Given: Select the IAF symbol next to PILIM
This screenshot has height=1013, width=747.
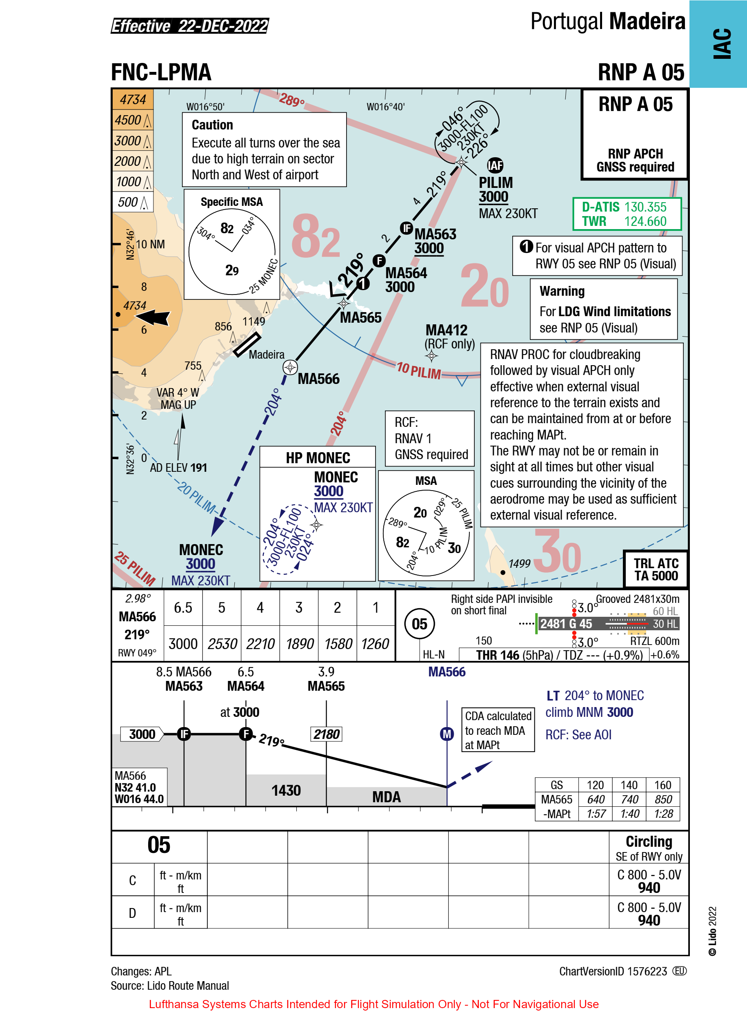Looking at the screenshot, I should pos(495,165).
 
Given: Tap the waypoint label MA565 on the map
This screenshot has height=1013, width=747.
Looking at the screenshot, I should pos(360,318).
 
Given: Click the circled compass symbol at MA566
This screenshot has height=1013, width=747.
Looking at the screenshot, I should pos(290,367).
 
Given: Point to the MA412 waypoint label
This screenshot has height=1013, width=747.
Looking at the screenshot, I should pos(446,330).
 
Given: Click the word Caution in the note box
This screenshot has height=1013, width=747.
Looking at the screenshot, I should pos(212,125).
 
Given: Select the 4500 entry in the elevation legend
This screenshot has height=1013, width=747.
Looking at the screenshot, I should pos(129,120).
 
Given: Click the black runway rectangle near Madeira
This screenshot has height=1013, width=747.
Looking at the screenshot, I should pos(247,344).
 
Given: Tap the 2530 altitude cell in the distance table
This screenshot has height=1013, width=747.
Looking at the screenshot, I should pos(222,643).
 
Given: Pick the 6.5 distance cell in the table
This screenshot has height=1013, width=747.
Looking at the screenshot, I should pos(183,608).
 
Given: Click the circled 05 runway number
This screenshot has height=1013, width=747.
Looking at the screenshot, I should pos(419,624).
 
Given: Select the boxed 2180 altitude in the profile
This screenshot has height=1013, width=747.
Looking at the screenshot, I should pos(326,734).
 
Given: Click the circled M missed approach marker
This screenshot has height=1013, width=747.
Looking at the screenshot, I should pos(447,734).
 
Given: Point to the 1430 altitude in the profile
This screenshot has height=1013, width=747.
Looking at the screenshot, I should pos(286,790).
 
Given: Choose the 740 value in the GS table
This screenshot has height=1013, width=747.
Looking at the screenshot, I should pos(629,799).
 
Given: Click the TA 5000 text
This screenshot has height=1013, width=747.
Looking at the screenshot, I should pos(656,576).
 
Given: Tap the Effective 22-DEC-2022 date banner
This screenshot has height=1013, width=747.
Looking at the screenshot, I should pos(190,26).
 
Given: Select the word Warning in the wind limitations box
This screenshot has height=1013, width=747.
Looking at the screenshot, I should pos(562,291).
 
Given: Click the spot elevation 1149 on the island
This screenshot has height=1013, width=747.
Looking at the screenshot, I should pos(253,321).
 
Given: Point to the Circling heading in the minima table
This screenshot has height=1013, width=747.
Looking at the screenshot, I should pos(649,841).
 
